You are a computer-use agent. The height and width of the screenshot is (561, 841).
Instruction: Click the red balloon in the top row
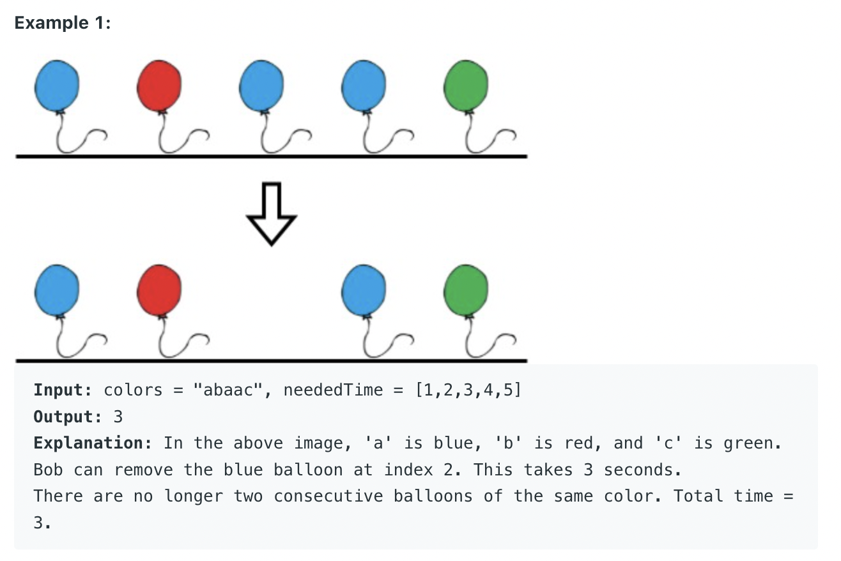(159, 86)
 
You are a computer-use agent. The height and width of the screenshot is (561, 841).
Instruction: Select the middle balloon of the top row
(261, 86)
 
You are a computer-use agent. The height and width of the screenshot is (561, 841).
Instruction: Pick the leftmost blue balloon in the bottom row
(58, 291)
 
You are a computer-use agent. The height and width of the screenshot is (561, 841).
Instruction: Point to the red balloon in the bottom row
(159, 291)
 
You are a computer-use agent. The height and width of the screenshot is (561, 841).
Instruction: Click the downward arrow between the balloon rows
(271, 213)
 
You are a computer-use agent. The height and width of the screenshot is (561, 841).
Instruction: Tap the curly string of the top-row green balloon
(486, 138)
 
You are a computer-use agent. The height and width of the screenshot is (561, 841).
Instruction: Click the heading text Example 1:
(63, 23)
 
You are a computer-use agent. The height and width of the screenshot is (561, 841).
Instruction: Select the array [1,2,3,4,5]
(468, 390)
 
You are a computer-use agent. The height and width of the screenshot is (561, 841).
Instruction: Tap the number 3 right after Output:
(118, 417)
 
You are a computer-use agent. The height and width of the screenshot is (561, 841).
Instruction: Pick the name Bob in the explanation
(48, 470)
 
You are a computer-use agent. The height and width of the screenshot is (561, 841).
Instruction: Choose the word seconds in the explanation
(637, 470)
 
